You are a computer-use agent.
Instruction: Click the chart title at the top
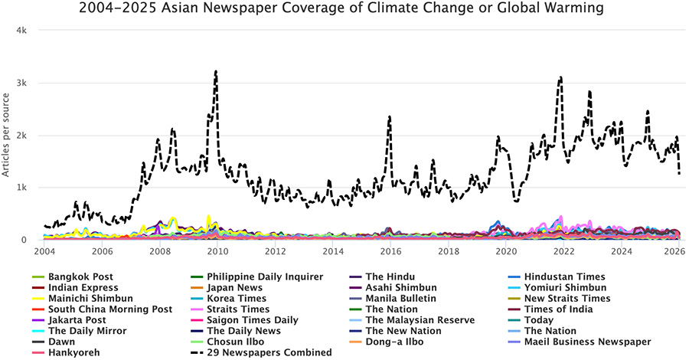pos(345,9)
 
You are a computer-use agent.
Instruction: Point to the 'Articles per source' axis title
pos(7,135)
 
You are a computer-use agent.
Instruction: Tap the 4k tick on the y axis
pos(21,31)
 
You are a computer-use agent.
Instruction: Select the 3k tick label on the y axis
pos(21,83)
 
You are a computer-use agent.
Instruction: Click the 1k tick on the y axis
pos(21,188)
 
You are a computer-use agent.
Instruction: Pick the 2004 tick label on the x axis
pos(44,250)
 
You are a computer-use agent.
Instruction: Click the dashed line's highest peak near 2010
pos(216,71)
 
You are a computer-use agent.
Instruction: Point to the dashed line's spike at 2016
pos(390,117)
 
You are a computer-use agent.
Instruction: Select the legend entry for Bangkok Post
pos(77,277)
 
